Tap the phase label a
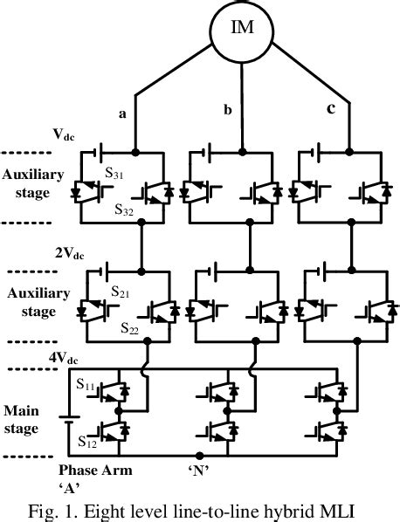pyautogui.click(x=122, y=113)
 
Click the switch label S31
pyautogui.click(x=115, y=174)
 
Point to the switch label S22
pyautogui.click(x=130, y=329)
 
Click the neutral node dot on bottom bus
pyautogui.click(x=199, y=455)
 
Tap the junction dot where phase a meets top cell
pyautogui.click(x=135, y=150)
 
